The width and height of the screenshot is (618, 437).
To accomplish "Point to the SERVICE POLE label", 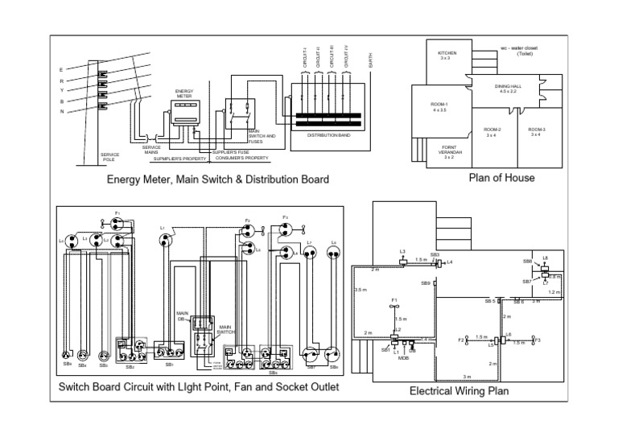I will point(109,157).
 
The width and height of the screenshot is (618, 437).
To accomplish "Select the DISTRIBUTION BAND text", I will point(328,135).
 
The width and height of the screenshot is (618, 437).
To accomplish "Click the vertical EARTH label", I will point(370,60).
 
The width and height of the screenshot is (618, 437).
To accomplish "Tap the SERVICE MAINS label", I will point(151,150).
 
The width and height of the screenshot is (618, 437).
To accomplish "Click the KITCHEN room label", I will point(447,56).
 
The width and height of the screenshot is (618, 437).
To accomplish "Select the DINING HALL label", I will point(508,89).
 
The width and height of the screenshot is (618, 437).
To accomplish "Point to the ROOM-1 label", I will point(439,107).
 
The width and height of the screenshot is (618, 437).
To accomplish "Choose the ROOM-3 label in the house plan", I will point(537,132).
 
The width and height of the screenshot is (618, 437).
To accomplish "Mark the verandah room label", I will point(450,152).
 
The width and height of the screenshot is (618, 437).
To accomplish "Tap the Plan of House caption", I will point(501,178).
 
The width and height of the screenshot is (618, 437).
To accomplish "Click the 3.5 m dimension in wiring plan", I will point(360,290).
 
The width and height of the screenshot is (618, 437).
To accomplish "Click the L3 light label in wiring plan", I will point(402,251).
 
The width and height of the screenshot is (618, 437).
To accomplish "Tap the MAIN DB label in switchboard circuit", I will point(182,315).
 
